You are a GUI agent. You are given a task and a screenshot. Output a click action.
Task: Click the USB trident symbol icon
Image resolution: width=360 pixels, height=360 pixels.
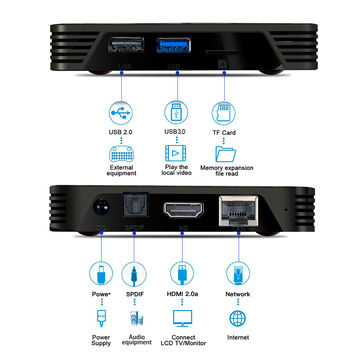(x=118, y=111)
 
